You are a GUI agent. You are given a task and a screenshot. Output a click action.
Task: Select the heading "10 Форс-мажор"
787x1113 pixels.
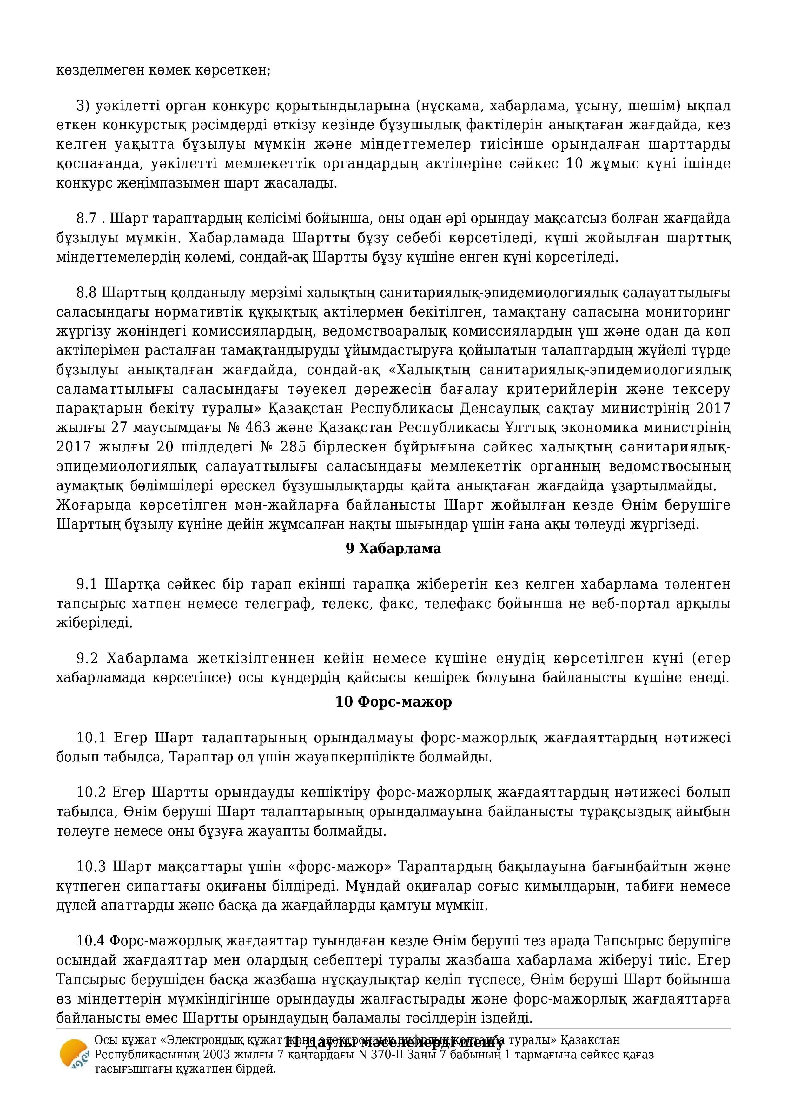tap(393, 701)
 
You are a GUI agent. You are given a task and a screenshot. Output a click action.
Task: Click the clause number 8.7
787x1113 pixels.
tap(87, 219)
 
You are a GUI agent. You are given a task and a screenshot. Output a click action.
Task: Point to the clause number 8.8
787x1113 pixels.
tap(87, 293)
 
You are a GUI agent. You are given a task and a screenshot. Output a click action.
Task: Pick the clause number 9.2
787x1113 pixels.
tap(87, 658)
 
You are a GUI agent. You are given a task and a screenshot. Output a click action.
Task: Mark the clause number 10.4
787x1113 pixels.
tap(91, 941)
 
